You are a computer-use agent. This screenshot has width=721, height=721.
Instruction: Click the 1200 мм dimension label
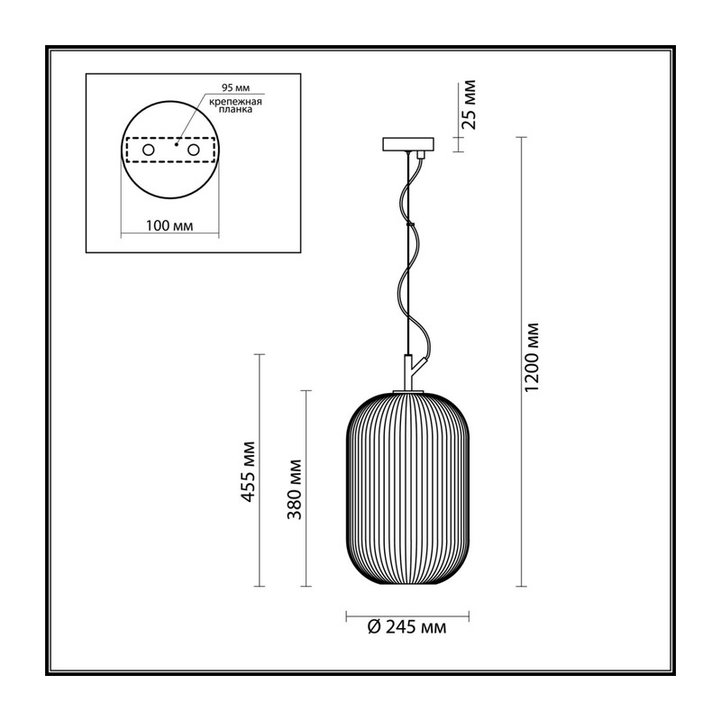click(x=532, y=357)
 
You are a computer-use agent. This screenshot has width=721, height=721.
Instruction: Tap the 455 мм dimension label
click(x=249, y=471)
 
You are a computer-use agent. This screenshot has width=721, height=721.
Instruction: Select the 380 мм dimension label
click(x=295, y=489)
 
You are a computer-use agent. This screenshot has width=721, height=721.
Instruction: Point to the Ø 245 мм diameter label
click(x=407, y=626)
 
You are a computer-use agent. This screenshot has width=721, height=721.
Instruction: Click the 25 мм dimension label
click(x=469, y=105)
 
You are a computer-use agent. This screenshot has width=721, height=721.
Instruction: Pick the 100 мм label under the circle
click(x=169, y=226)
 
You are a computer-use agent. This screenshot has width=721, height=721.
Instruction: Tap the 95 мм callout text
click(x=236, y=87)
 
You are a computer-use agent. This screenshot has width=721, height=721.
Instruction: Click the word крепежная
click(x=235, y=102)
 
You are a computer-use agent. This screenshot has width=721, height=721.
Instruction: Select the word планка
click(x=235, y=110)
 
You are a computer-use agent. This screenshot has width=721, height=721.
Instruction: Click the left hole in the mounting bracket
click(x=148, y=150)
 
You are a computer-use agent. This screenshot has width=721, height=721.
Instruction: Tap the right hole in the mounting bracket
click(x=193, y=150)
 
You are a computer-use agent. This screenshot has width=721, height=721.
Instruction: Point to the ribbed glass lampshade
click(x=407, y=488)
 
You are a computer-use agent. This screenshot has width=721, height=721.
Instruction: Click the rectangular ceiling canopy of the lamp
click(x=408, y=144)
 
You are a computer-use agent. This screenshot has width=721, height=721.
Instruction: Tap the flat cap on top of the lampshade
click(x=408, y=391)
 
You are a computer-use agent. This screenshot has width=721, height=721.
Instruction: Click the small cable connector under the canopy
click(x=419, y=155)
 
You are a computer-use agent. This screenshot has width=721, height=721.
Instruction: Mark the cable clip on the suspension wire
click(x=411, y=224)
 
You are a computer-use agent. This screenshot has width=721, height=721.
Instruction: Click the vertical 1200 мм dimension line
click(x=521, y=362)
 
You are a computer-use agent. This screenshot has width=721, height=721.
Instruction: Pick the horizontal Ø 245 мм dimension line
click(x=407, y=616)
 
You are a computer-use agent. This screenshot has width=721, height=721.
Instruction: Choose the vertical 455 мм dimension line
click(x=260, y=470)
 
